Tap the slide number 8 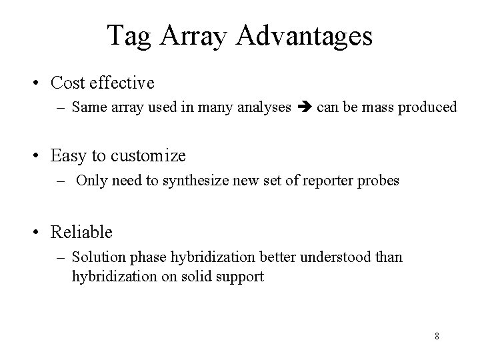pyautogui.click(x=437, y=336)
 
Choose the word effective pyautogui.click(x=122, y=83)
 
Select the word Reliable pyautogui.click(x=81, y=232)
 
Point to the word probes pyautogui.click(x=380, y=181)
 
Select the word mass pyautogui.click(x=376, y=107)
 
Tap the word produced pyautogui.click(x=428, y=107)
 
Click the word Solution pyautogui.click(x=93, y=257)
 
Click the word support pyautogui.click(x=242, y=275)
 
